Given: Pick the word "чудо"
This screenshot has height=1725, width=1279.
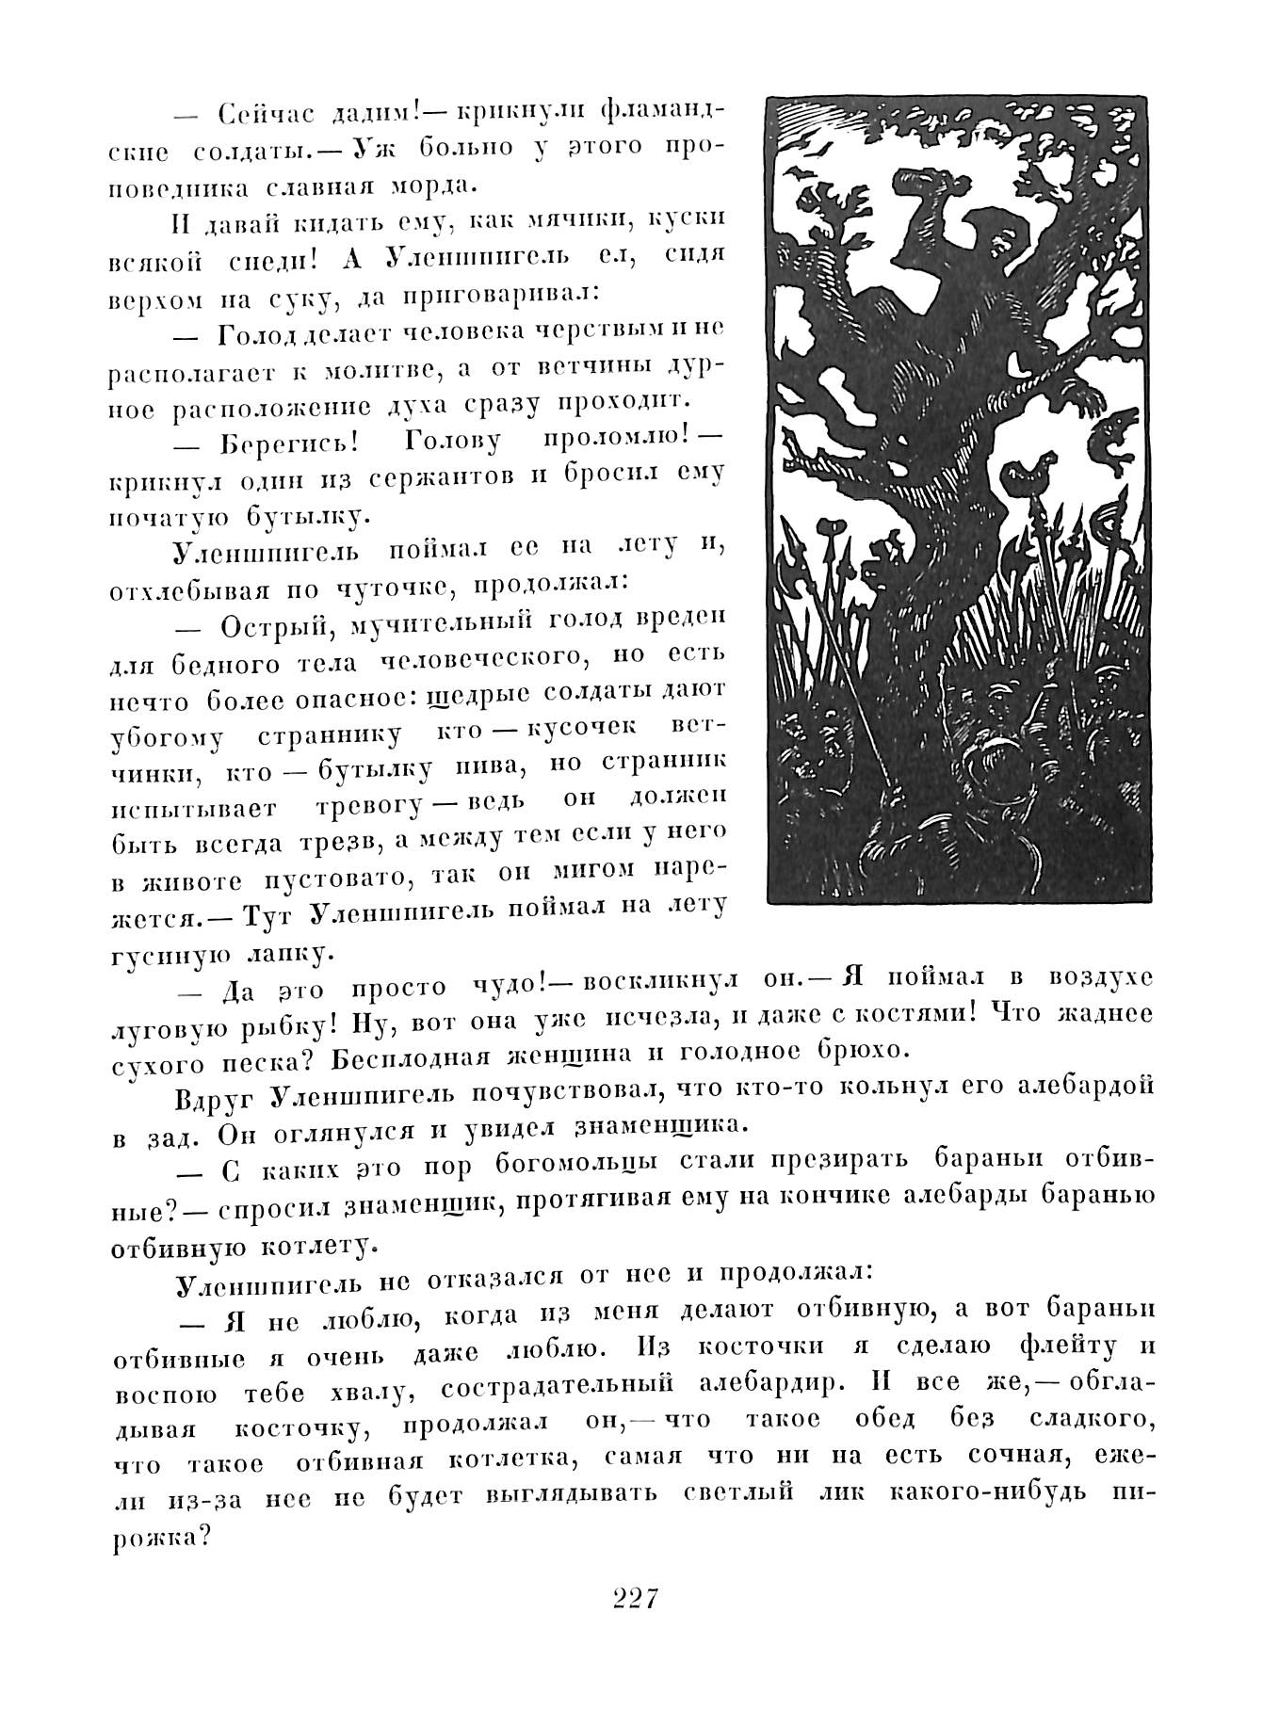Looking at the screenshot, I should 505,988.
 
